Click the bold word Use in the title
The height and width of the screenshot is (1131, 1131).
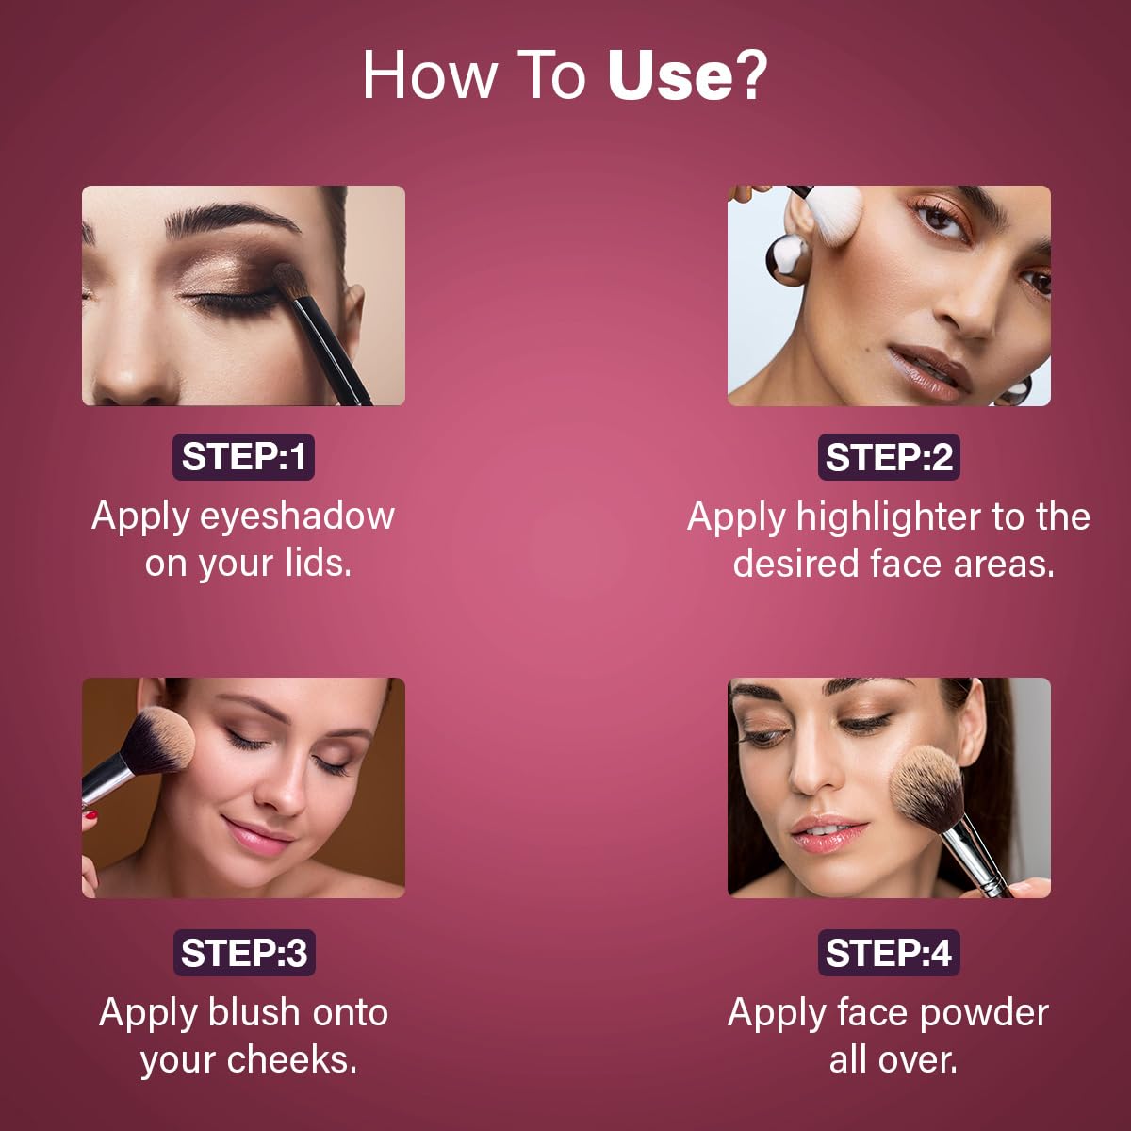click(670, 75)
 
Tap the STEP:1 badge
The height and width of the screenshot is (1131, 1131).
click(243, 456)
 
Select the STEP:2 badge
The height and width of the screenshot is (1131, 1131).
click(889, 456)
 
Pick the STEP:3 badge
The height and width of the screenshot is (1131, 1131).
click(244, 953)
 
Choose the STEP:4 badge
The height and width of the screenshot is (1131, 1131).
click(889, 953)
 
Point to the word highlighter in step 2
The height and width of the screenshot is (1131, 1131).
click(888, 518)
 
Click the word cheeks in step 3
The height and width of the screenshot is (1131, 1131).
click(291, 1061)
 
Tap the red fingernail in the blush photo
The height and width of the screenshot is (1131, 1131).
click(91, 814)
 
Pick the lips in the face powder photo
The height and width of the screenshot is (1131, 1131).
click(828, 833)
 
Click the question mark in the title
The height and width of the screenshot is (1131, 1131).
click(750, 75)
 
